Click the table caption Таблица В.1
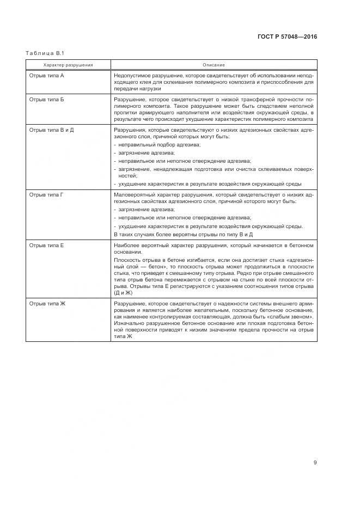tap(45, 53)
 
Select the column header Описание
tap(213, 65)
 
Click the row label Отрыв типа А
tap(46, 75)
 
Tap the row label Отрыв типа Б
tap(46, 101)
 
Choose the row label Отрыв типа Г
tap(46, 194)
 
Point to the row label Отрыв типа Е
tap(46, 246)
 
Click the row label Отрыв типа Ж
tap(47, 303)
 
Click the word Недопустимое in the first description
tap(131, 75)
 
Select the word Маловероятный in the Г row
tap(132, 194)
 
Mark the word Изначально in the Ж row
tap(129, 323)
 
